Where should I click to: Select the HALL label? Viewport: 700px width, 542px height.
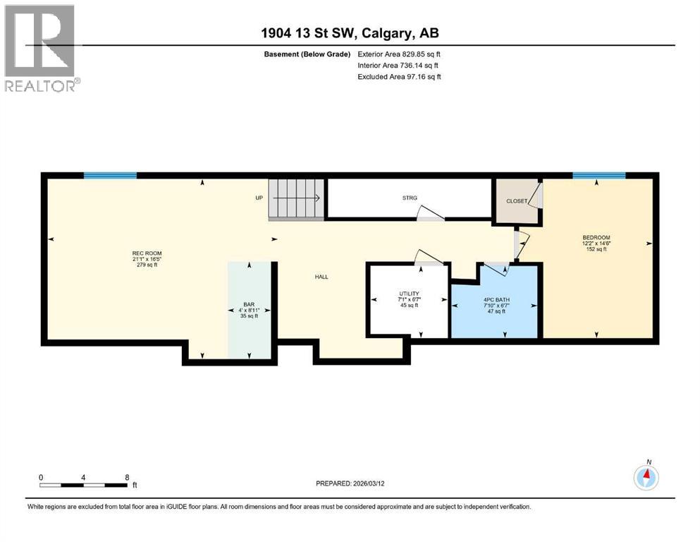[321, 277]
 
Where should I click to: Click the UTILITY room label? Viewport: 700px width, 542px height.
[409, 294]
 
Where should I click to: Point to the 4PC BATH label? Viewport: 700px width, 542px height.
[497, 299]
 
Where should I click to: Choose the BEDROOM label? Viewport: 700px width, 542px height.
[596, 237]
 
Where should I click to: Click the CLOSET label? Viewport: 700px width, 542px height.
[517, 201]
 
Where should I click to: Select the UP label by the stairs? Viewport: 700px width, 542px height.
[259, 198]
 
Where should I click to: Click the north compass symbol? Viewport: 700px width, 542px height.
[646, 478]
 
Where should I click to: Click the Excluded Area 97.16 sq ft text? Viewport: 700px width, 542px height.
[400, 76]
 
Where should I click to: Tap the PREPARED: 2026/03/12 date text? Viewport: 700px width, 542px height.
[360, 483]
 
